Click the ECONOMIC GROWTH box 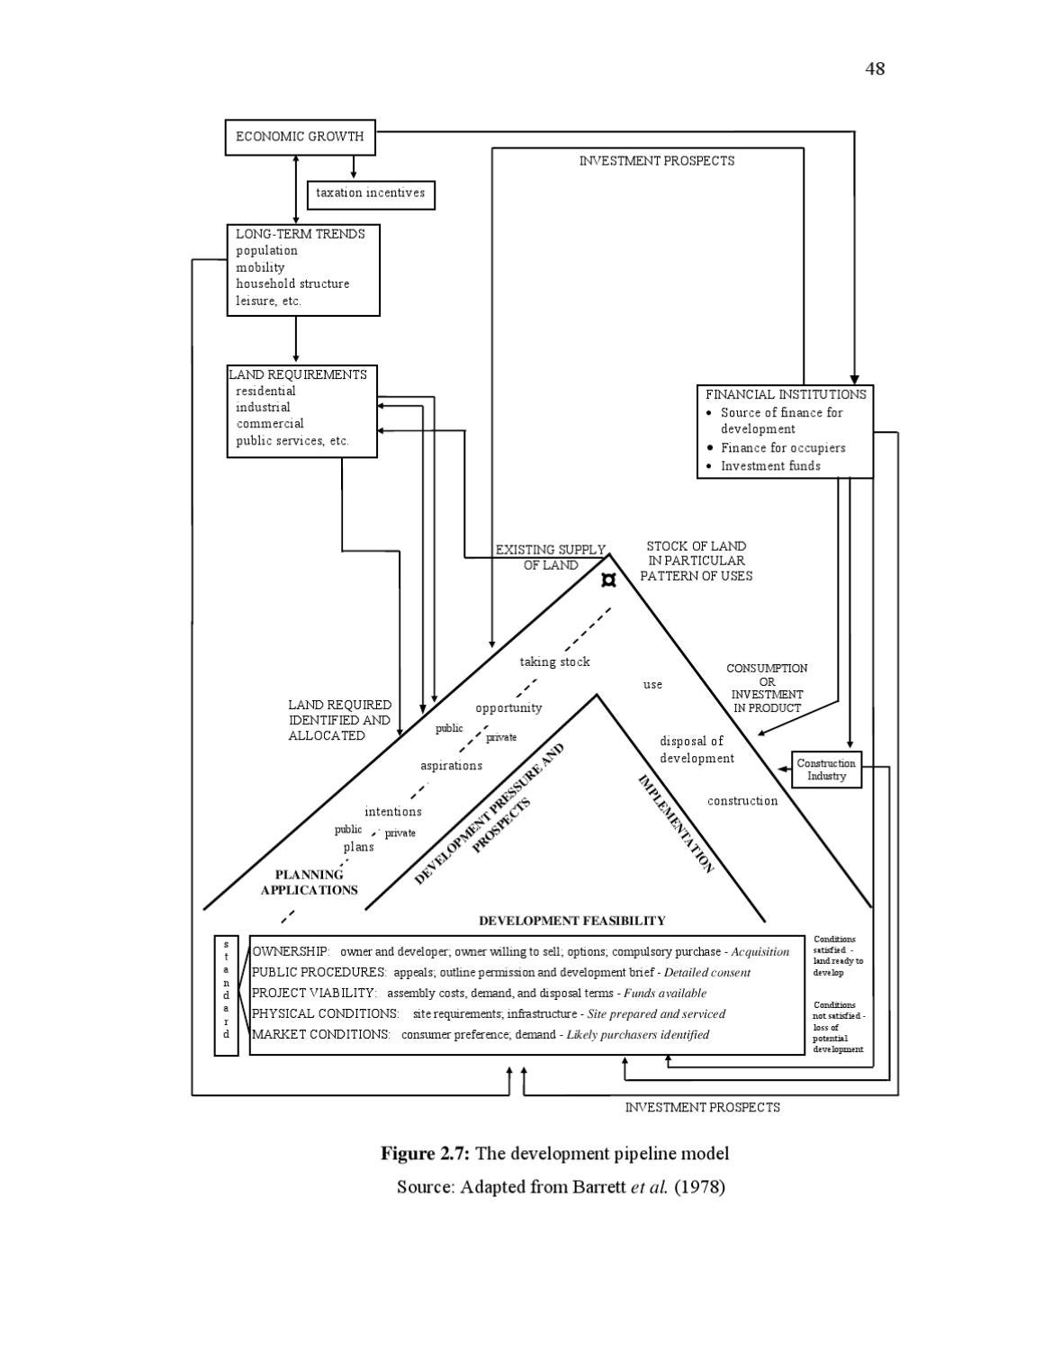(x=300, y=137)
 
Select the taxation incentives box (x=371, y=193)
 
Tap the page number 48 (x=875, y=69)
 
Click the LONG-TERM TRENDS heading (x=301, y=234)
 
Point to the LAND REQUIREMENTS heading (x=298, y=374)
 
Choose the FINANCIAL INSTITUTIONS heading (x=785, y=394)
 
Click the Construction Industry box (x=826, y=769)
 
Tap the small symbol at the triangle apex (x=609, y=580)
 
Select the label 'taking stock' (x=554, y=662)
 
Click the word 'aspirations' (x=451, y=766)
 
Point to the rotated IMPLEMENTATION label (x=676, y=823)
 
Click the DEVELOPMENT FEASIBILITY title (x=571, y=921)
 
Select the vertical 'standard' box (x=226, y=994)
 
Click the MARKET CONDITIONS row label (x=321, y=1035)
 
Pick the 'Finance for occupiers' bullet (x=782, y=447)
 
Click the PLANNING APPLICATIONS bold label (x=309, y=882)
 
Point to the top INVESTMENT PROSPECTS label (x=656, y=161)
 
